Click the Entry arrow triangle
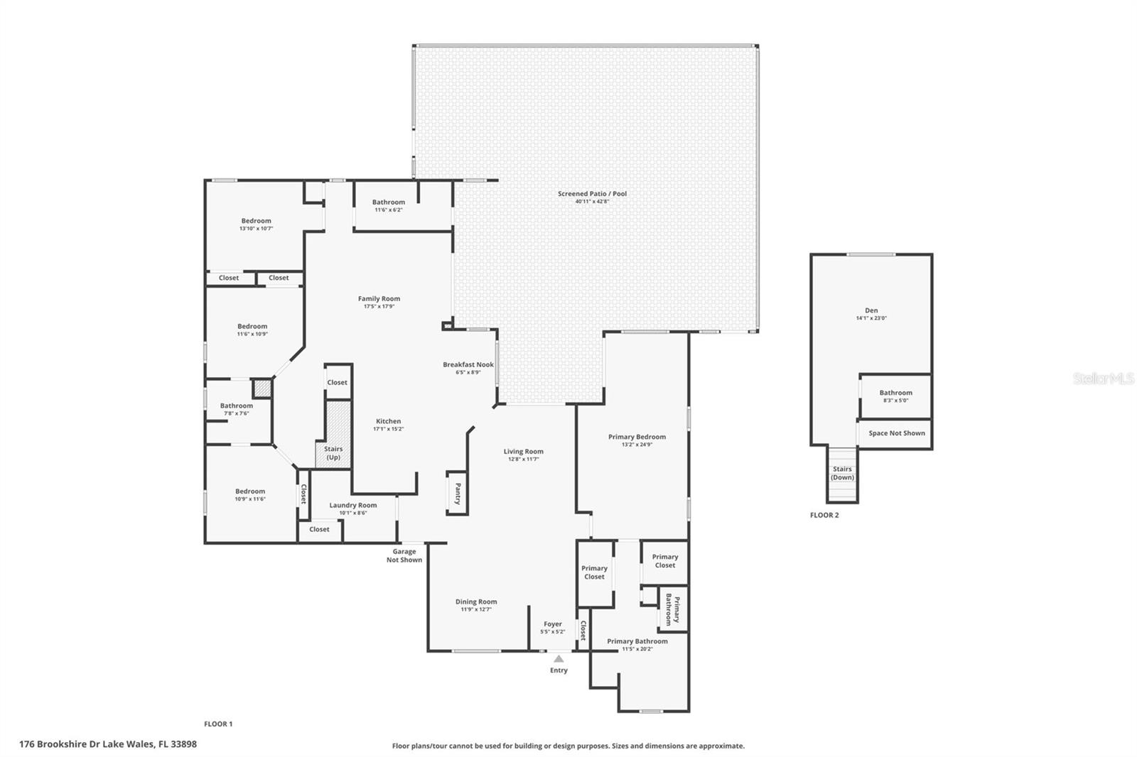tap(559, 659)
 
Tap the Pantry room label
tap(458, 493)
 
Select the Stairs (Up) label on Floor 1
tap(333, 453)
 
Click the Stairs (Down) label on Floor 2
tap(842, 473)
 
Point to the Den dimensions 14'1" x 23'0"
tap(871, 319)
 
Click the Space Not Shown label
tap(897, 433)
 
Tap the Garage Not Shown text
tap(404, 555)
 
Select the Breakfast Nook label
tap(468, 364)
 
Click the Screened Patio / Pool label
tap(592, 193)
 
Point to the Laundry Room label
tap(353, 505)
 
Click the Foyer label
tap(553, 624)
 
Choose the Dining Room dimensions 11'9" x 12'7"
tap(476, 609)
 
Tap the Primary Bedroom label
tap(637, 437)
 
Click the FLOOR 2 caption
tap(824, 515)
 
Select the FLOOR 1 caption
tap(218, 724)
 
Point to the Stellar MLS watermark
tap(1103, 379)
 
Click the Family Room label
tap(379, 299)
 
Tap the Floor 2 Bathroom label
tap(895, 393)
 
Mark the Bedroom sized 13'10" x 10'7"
tap(256, 221)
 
